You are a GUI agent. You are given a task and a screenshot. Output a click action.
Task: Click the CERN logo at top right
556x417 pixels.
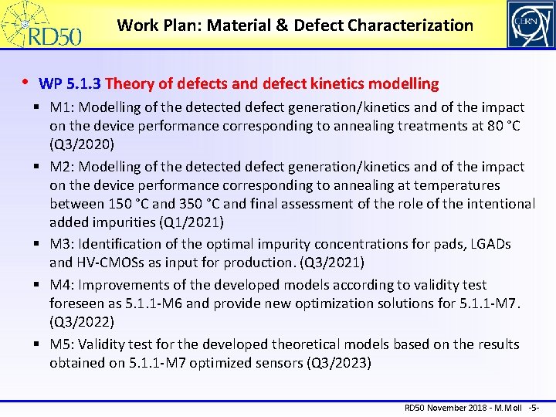[530, 24]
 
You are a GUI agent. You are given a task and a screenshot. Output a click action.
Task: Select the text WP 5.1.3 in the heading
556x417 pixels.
[70, 83]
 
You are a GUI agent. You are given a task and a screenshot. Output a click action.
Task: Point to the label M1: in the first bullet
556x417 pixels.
[63, 107]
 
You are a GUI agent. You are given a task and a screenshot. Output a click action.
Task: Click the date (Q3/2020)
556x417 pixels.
[83, 144]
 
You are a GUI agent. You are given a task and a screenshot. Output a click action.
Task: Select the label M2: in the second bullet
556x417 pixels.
[63, 167]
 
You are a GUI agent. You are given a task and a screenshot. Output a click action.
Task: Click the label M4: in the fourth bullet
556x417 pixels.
[63, 285]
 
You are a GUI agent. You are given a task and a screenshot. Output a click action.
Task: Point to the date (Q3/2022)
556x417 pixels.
[83, 322]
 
